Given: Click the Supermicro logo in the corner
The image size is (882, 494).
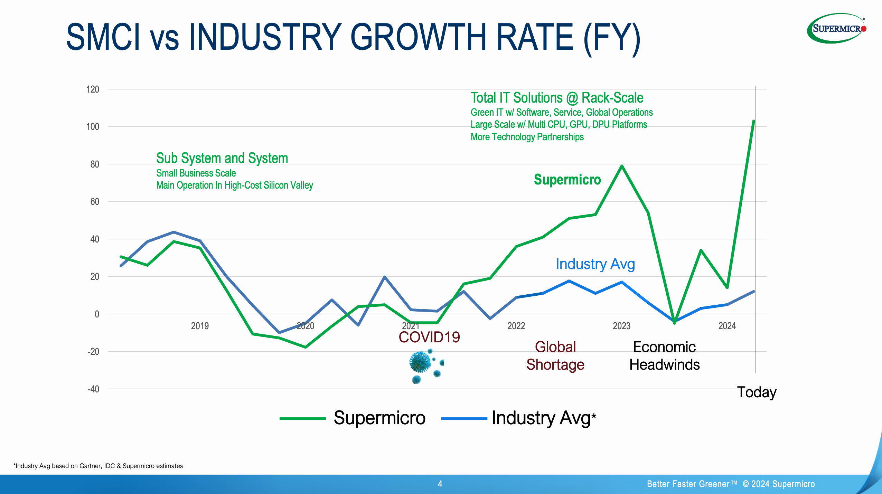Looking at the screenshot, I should tap(836, 28).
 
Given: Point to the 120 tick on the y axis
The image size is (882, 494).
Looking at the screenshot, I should tap(92, 89).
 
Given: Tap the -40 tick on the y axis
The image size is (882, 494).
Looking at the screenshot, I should tap(93, 389).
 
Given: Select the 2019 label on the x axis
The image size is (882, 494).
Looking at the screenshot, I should tap(200, 326).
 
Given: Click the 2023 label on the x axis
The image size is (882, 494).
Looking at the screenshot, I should tap(621, 326).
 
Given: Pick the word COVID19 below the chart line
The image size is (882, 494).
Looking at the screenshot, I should tap(429, 337).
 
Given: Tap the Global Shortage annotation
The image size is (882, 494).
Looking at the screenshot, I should tap(555, 356).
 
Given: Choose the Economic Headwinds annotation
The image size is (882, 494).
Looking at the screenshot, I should tap(664, 356).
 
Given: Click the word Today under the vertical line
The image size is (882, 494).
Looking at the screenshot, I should tap(757, 392).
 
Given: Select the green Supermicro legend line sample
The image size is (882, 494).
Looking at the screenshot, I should tap(302, 419).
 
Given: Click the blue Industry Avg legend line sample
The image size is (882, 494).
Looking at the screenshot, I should tap(464, 419).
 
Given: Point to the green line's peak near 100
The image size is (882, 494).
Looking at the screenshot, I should tap(753, 121).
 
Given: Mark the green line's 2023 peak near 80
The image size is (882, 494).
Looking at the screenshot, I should tap(622, 166).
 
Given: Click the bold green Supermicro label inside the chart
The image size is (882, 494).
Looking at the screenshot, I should tap(567, 180).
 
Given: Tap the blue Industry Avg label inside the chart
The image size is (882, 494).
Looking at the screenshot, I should tap(595, 264).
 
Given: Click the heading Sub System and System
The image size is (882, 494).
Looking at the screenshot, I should tap(222, 158).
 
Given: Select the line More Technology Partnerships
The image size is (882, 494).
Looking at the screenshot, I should tap(527, 137).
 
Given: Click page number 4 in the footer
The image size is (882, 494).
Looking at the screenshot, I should tap(440, 484).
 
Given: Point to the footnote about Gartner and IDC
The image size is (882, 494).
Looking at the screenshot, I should tap(98, 466).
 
